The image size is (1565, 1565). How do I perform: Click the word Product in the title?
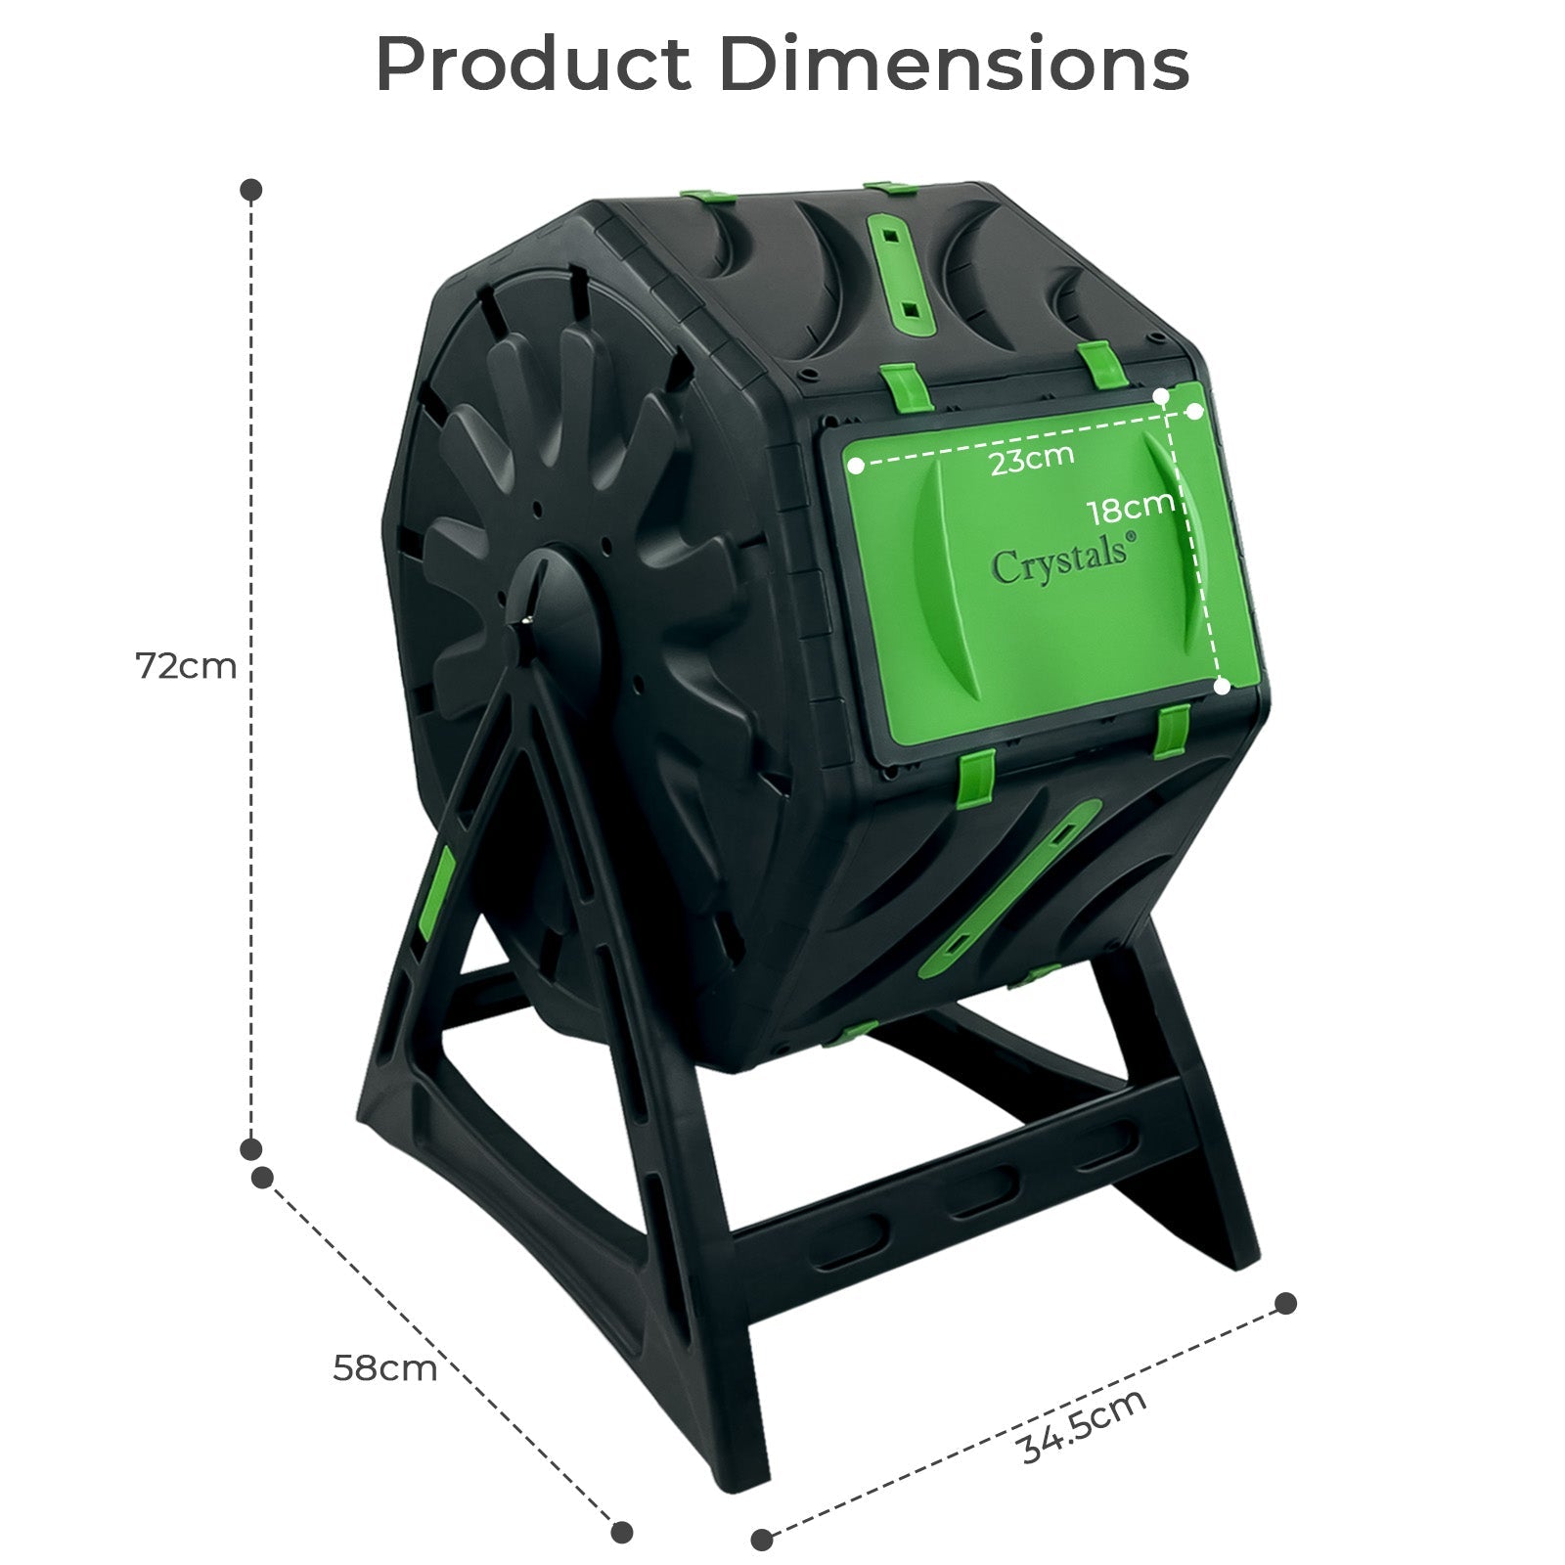(x=533, y=65)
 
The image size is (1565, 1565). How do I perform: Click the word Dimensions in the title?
(x=955, y=65)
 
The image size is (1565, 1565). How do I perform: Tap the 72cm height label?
(x=186, y=666)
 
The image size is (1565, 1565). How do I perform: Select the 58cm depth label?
(x=384, y=1367)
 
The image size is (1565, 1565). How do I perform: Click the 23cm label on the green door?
(x=1032, y=458)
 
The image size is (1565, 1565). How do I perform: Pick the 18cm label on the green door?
(x=1131, y=506)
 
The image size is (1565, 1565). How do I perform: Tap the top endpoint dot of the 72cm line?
(x=251, y=190)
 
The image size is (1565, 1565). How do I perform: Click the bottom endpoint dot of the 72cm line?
(x=251, y=1148)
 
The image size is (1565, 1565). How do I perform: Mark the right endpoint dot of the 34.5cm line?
(x=1286, y=1303)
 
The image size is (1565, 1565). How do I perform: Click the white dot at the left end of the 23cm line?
(x=857, y=466)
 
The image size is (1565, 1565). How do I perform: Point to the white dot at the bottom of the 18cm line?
(x=1222, y=687)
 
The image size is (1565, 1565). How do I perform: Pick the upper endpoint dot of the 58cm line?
(x=262, y=1178)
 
